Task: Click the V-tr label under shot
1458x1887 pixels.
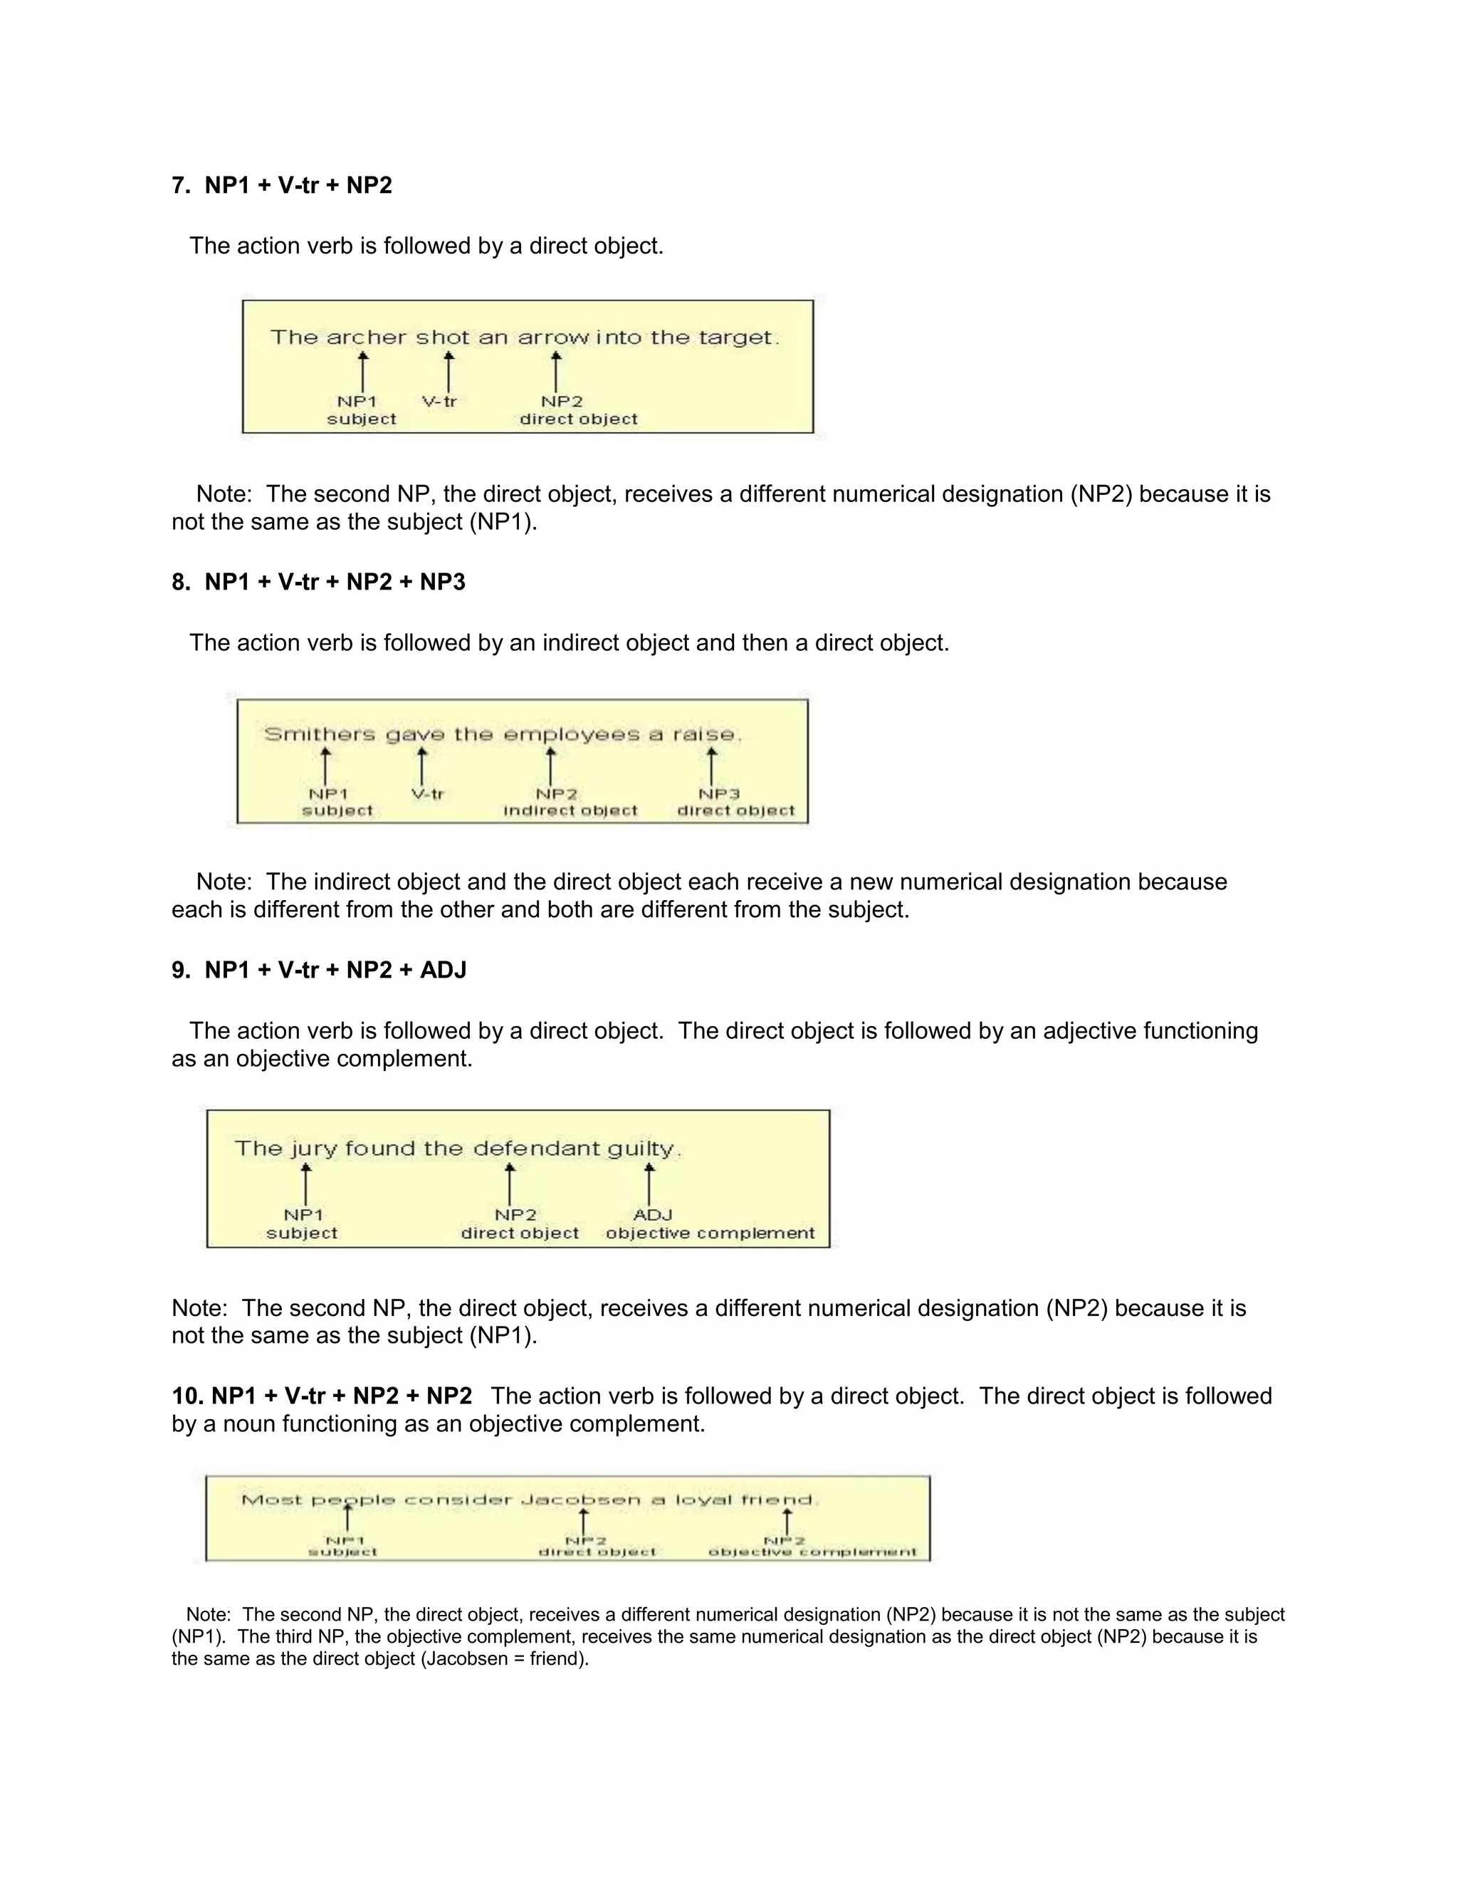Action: click(439, 402)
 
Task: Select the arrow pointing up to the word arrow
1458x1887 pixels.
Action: click(556, 372)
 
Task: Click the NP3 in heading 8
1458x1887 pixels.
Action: click(442, 582)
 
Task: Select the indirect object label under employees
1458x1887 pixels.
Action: click(570, 810)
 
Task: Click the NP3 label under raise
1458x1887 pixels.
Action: click(718, 794)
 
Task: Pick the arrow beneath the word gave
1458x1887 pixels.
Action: click(422, 766)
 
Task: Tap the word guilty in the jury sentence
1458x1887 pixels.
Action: click(641, 1149)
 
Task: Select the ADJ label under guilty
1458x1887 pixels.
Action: click(652, 1215)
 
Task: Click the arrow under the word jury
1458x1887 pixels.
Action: click(305, 1183)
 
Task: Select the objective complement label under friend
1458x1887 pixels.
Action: click(812, 1552)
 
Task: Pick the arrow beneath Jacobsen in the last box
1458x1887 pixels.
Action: click(584, 1522)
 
